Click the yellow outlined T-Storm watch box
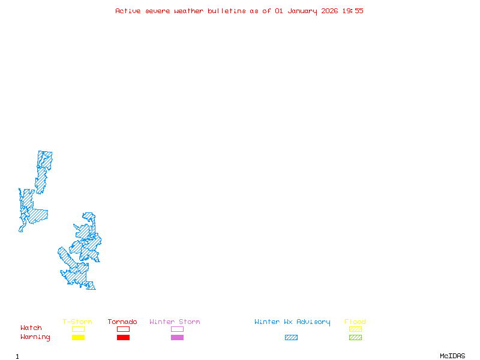pos(78,329)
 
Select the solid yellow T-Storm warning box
pos(78,337)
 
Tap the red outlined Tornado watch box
pos(123,329)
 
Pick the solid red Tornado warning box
pos(123,337)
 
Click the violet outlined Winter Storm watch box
pos(177,329)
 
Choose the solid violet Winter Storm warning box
pos(177,337)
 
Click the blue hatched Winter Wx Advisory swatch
pos(291,337)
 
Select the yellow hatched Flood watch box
pos(355,329)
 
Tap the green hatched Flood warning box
pos(355,337)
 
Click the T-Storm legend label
pos(77,322)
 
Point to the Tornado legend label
pos(122,322)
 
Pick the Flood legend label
pos(355,322)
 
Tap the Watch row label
pos(31,328)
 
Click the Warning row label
pos(35,337)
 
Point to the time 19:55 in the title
pos(353,11)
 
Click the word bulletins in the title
pos(227,11)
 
